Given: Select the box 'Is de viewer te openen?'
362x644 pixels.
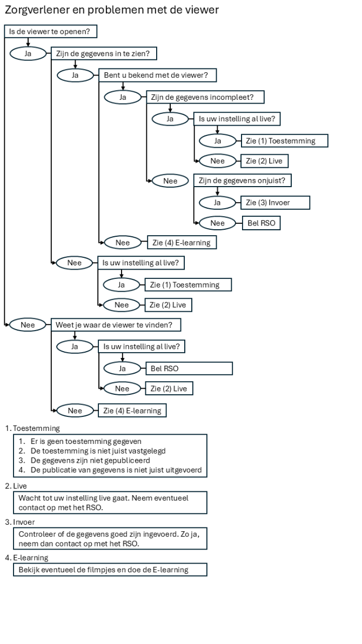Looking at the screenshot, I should pyautogui.click(x=51, y=32).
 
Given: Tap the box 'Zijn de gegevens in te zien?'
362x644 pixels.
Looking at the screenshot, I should pyautogui.click(x=103, y=53).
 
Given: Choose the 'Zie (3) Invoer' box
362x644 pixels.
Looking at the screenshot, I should pyautogui.click(x=276, y=202).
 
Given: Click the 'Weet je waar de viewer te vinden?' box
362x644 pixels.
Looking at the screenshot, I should pyautogui.click(x=116, y=325).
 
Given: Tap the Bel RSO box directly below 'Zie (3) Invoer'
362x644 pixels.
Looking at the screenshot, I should pyautogui.click(x=261, y=222).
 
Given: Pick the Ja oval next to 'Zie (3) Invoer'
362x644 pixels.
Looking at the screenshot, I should pyautogui.click(x=218, y=202).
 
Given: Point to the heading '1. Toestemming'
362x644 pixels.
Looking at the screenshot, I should pyautogui.click(x=32, y=428).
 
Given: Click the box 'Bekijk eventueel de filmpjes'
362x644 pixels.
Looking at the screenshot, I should pyautogui.click(x=110, y=570).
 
